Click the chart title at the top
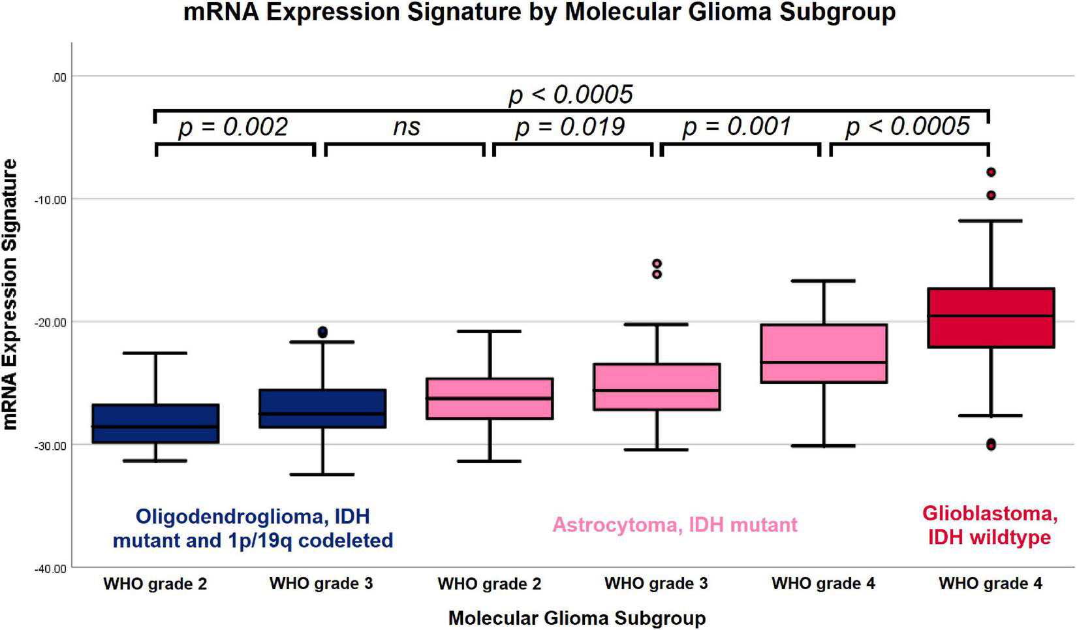tap(538, 12)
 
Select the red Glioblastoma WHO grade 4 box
tap(990, 318)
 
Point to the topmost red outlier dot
tap(991, 172)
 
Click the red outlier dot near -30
tap(991, 445)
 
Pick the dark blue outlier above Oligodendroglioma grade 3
tap(322, 332)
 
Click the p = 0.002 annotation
tap(233, 127)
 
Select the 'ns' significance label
tap(406, 127)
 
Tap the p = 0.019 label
tap(570, 127)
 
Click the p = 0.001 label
tap(737, 127)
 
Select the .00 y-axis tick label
tap(58, 78)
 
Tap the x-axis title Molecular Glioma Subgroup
tap(576, 618)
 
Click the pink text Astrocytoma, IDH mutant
tap(675, 525)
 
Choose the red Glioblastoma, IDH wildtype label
tap(990, 526)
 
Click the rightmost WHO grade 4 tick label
tap(990, 584)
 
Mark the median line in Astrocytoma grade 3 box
tap(656, 390)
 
